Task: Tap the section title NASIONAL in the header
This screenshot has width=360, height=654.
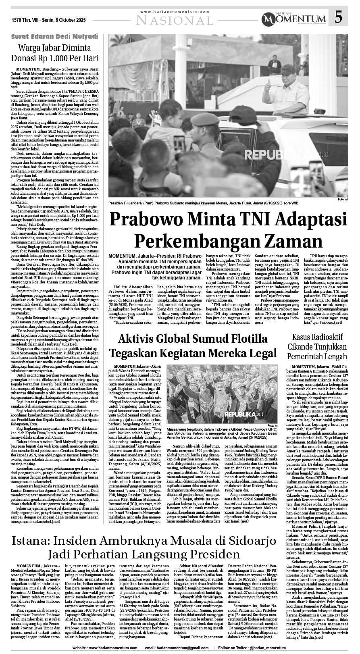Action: coord(174,20)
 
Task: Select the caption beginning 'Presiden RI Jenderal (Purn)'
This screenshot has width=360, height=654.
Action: coord(209,204)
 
